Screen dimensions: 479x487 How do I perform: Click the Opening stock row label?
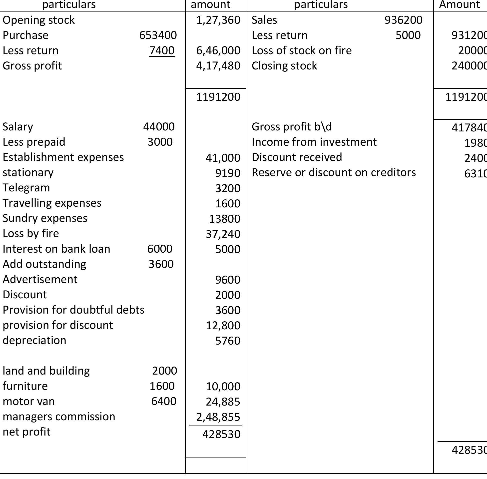coord(38,20)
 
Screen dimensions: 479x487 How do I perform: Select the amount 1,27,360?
coord(218,20)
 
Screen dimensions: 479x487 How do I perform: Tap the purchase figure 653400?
coord(158,35)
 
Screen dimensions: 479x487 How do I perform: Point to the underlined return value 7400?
coord(162,50)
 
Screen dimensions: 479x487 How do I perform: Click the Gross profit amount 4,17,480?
coord(218,66)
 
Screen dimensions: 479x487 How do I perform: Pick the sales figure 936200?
coord(403,20)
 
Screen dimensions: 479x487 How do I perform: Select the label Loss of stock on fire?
coord(302,50)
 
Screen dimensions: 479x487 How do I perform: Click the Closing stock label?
coord(284,66)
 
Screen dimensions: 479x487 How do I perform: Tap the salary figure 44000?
coord(159,126)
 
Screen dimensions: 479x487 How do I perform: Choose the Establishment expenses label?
coord(63,157)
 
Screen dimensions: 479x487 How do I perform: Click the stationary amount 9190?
coord(228,173)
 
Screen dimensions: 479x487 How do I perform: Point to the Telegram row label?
coord(26,188)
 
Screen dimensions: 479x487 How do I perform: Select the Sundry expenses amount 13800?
coord(224,219)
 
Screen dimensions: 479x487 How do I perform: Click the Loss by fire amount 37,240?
coord(223,234)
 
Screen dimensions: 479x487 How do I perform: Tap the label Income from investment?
coord(314,142)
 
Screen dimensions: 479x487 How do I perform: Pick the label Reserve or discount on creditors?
coord(334,172)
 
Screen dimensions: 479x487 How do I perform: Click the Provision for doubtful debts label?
coord(73,310)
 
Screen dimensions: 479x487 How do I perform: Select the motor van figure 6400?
coord(163,401)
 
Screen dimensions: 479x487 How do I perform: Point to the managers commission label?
coord(59,416)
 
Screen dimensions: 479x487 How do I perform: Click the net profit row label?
coord(26,432)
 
